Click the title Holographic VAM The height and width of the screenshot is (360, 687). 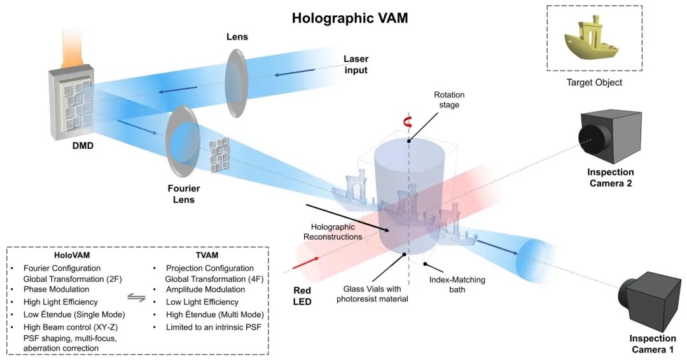(x=350, y=17)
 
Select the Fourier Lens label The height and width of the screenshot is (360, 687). (x=184, y=194)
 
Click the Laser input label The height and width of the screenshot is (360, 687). (x=356, y=64)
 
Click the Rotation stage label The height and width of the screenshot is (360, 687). (x=450, y=100)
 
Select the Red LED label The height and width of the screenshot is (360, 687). (x=302, y=296)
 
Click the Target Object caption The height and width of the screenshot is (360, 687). (x=594, y=83)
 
